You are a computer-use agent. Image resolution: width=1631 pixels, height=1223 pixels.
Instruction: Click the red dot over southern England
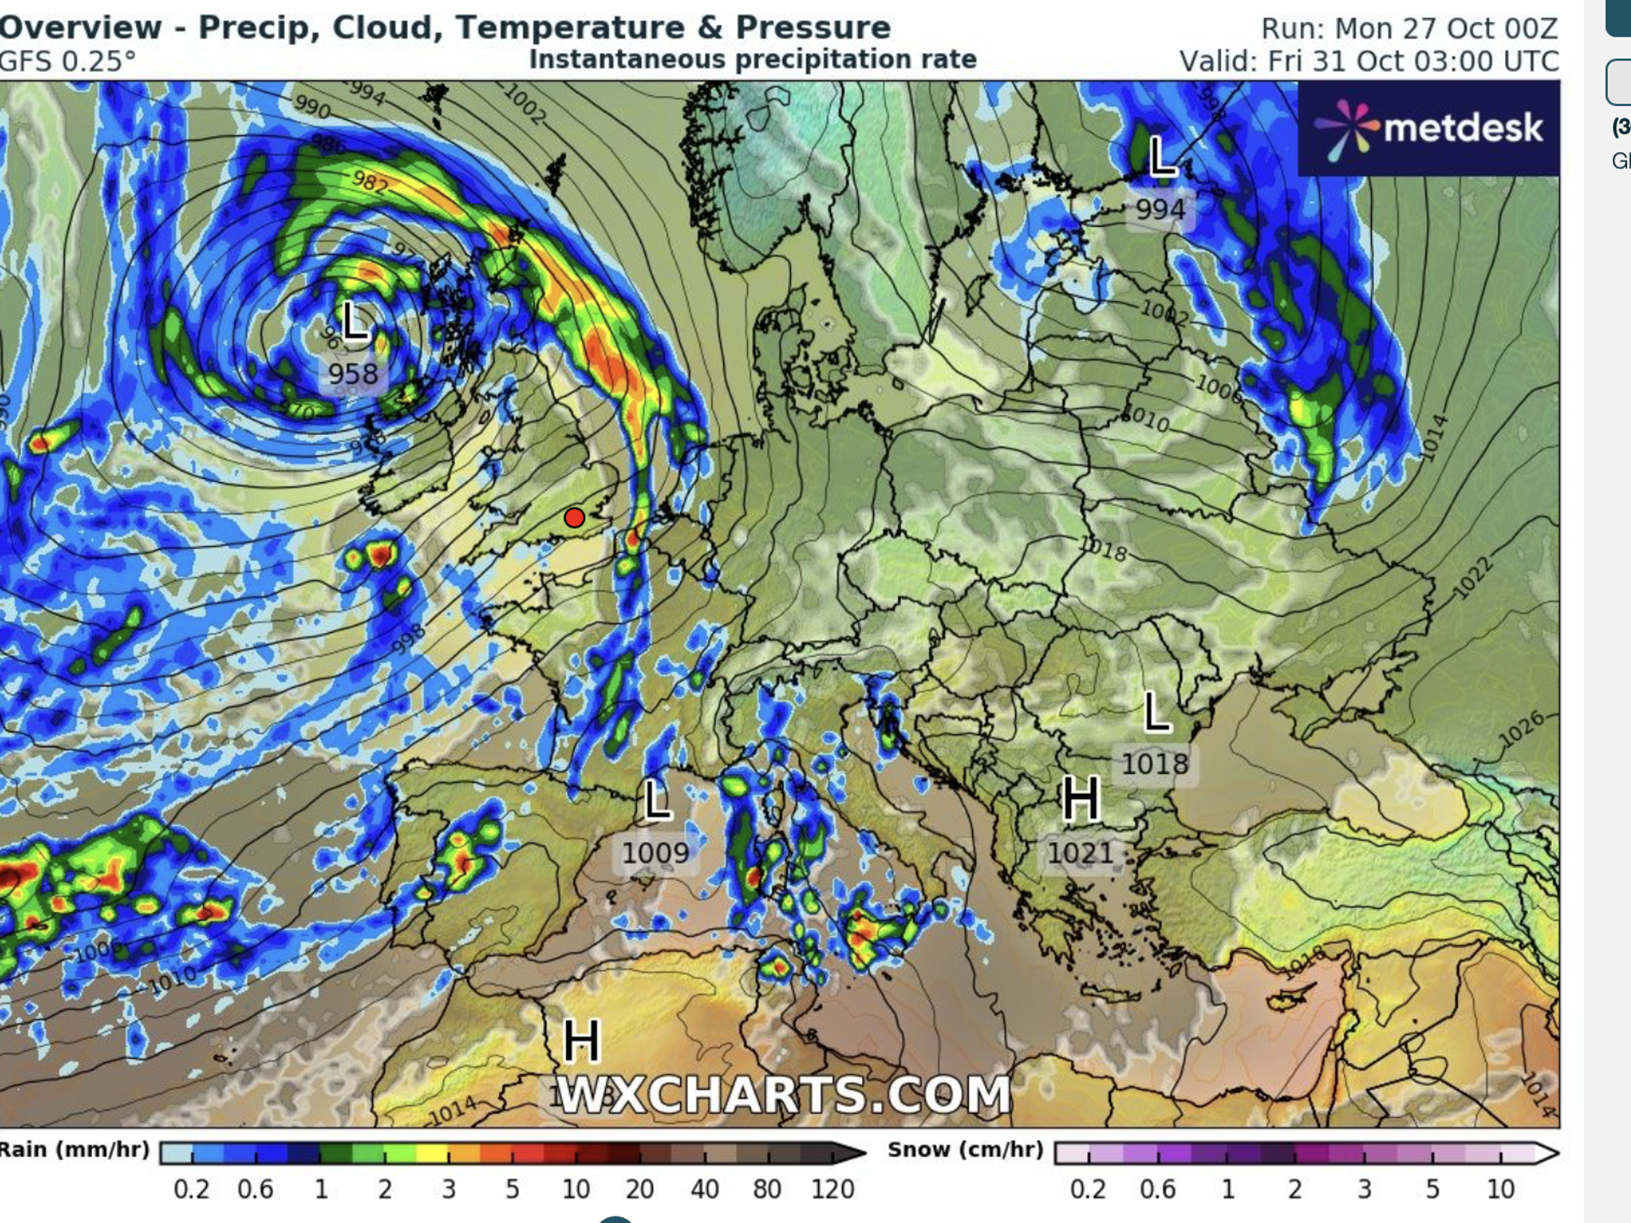pyautogui.click(x=574, y=517)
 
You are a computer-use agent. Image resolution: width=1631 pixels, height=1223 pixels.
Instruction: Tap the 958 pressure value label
pyautogui.click(x=353, y=374)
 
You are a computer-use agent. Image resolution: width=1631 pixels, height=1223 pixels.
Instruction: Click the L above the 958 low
pyautogui.click(x=355, y=321)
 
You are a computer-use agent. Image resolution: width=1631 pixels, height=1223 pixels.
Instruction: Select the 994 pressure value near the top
pyautogui.click(x=1160, y=210)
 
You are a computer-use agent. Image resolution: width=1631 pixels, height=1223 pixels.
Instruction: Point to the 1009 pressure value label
pyautogui.click(x=655, y=853)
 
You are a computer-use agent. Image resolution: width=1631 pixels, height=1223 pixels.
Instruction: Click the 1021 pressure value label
pyautogui.click(x=1080, y=853)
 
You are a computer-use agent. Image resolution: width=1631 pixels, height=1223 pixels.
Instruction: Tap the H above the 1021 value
pyautogui.click(x=1081, y=800)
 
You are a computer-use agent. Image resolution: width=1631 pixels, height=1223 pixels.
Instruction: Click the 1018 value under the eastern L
pyautogui.click(x=1155, y=764)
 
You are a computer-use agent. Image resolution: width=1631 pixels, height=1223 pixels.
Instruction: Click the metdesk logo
pyautogui.click(x=1429, y=129)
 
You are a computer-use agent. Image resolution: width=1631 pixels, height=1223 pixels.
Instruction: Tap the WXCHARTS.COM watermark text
pyautogui.click(x=784, y=1094)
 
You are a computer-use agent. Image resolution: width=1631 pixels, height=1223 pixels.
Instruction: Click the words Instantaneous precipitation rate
pyautogui.click(x=752, y=60)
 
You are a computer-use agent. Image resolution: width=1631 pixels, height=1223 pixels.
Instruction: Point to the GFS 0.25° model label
pyautogui.click(x=68, y=61)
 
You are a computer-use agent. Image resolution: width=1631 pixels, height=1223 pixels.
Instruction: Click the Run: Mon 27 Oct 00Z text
pyautogui.click(x=1409, y=29)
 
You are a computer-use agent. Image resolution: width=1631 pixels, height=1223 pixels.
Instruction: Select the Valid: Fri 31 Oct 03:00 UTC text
pyautogui.click(x=1368, y=61)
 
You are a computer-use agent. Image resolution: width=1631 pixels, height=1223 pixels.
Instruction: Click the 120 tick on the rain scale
pyautogui.click(x=832, y=1189)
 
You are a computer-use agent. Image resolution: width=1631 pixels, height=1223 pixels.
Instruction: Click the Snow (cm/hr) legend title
pyautogui.click(x=966, y=1150)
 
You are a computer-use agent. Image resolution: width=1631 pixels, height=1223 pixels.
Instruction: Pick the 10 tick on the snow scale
pyautogui.click(x=1501, y=1189)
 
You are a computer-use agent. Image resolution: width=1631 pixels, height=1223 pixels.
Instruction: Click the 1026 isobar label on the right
pyautogui.click(x=1522, y=729)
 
